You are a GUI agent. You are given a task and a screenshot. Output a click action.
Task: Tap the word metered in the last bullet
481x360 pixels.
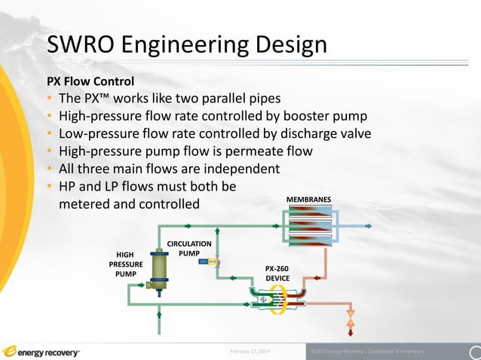click(85, 203)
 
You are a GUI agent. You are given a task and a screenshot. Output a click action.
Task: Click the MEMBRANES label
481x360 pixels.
click(308, 200)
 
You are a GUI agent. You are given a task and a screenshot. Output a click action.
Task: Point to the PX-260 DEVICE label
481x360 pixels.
click(277, 273)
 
